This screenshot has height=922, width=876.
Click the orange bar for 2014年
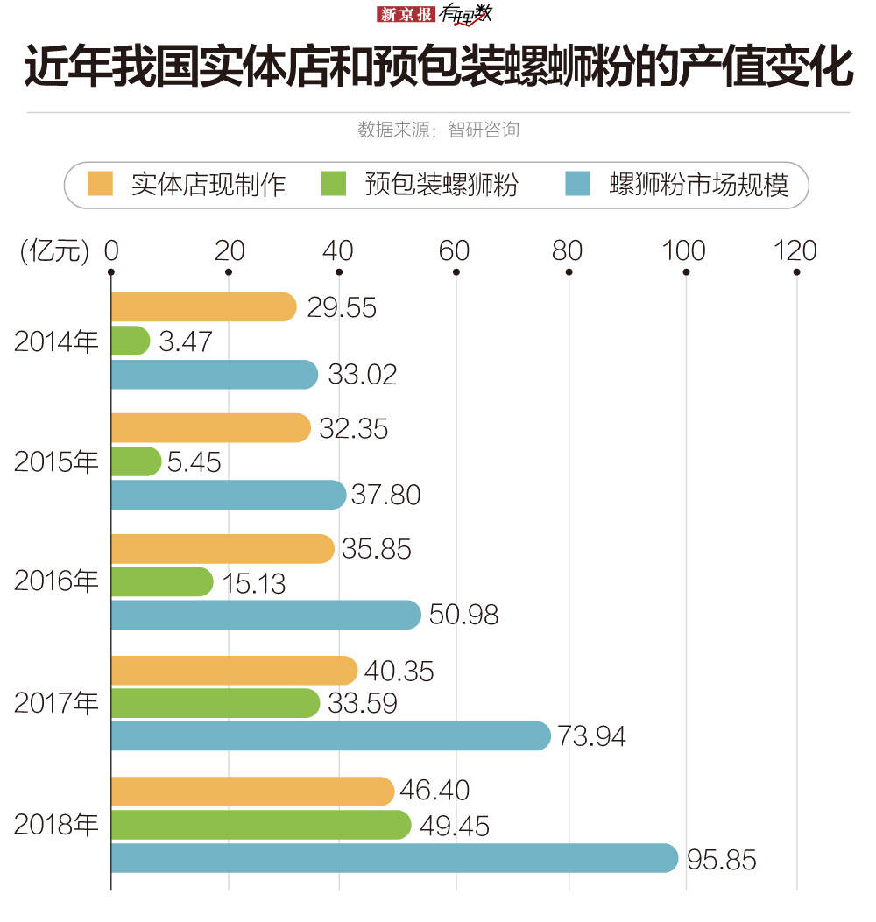(x=203, y=307)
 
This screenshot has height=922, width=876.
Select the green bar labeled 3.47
(x=131, y=341)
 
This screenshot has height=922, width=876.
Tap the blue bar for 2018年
(x=394, y=858)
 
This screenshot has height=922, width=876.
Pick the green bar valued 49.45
(x=261, y=825)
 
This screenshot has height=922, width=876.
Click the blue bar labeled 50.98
(x=266, y=615)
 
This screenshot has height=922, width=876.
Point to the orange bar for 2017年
(x=234, y=671)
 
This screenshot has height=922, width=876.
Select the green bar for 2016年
(x=162, y=582)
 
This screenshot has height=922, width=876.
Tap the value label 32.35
(x=353, y=429)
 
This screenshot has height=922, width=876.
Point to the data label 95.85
(x=721, y=860)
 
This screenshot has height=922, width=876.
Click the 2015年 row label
(x=56, y=461)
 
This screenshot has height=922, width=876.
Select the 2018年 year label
(x=56, y=824)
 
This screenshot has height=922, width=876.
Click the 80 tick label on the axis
(x=568, y=251)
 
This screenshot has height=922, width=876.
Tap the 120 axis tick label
(x=796, y=251)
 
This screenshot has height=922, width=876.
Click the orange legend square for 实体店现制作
(x=102, y=185)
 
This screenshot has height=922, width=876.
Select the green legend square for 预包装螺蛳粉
(x=336, y=185)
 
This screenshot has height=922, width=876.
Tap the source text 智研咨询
(x=483, y=130)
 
